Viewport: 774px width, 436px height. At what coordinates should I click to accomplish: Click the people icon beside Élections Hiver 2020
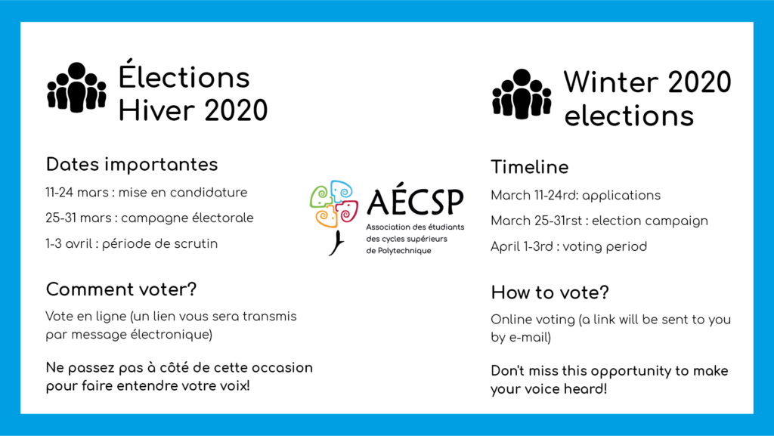[76, 88]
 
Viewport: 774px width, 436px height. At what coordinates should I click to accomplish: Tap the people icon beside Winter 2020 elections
[522, 94]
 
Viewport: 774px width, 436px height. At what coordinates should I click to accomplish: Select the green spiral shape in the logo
[320, 196]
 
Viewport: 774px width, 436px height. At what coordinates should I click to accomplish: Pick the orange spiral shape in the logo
[327, 218]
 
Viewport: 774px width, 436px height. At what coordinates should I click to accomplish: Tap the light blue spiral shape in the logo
[342, 191]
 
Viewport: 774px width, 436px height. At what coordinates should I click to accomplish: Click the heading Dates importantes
[132, 164]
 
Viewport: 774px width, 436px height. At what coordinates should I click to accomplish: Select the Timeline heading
[530, 167]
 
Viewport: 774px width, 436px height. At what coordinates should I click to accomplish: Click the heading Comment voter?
[121, 289]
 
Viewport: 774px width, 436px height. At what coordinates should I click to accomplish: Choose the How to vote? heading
[550, 292]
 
